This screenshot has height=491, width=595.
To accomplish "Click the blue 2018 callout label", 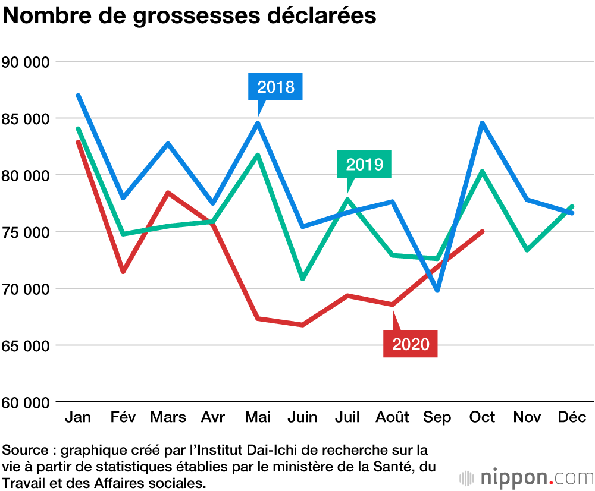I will [x=275, y=87].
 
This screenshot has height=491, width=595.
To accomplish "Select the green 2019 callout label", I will [x=364, y=163].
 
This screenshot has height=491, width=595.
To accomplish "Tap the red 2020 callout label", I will [x=411, y=344].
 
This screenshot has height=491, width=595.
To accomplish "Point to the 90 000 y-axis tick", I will [x=25, y=62].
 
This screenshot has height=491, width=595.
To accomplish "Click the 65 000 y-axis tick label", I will [x=25, y=345].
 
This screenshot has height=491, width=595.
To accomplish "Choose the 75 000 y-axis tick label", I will [x=25, y=232].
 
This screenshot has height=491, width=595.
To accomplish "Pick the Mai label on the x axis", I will [x=258, y=417].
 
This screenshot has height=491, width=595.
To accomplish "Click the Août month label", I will [x=392, y=417].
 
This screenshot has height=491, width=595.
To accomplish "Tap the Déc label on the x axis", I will [x=572, y=417].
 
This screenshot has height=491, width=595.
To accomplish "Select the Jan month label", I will [x=78, y=417].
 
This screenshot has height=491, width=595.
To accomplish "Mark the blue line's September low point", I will [x=437, y=291].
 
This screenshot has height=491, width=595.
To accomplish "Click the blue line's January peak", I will [x=78, y=95].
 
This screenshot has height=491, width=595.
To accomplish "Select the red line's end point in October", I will [x=482, y=231].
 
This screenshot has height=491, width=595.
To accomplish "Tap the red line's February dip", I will [x=123, y=272].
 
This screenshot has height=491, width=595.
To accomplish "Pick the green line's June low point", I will [x=303, y=279].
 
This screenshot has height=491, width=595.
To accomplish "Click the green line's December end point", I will [x=572, y=206].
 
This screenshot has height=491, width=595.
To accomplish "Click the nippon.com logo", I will [x=526, y=477].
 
